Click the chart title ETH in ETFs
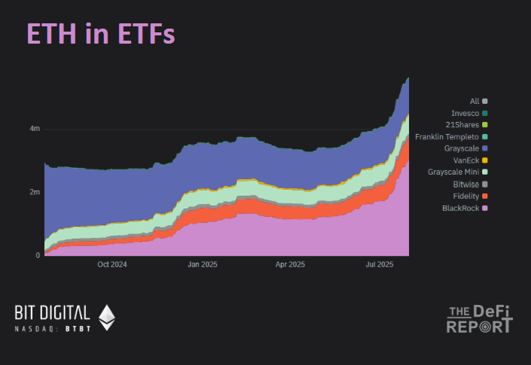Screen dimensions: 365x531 (101, 34)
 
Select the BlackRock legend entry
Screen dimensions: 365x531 (462, 207)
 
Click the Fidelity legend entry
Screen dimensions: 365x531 (466, 196)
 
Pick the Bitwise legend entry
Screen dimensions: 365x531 (466, 184)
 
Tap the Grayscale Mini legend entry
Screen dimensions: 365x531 (454, 172)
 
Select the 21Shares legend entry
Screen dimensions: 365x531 (462, 124)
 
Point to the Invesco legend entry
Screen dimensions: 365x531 (465, 113)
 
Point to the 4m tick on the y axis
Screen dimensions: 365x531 (35, 129)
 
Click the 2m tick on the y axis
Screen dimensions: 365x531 (35, 192)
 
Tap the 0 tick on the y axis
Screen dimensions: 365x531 (38, 256)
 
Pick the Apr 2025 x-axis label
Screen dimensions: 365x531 (290, 265)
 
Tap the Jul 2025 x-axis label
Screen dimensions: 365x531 (380, 265)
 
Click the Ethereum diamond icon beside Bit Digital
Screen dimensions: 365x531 (107, 317)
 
